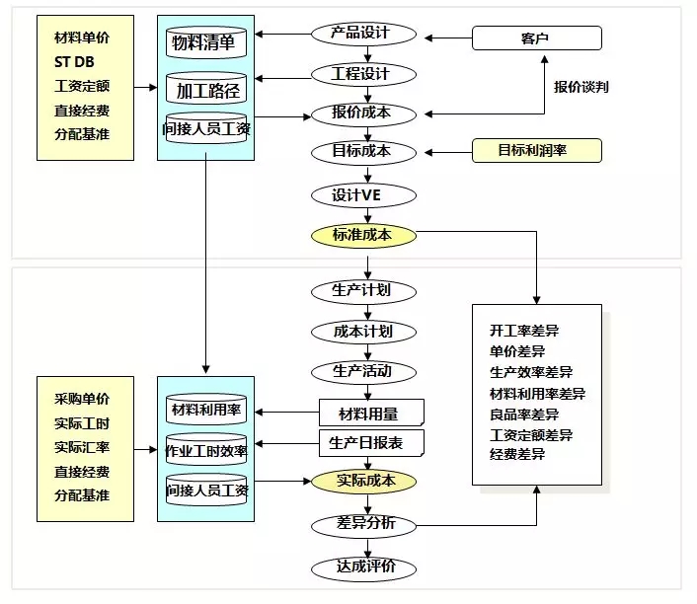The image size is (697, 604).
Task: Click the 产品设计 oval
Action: tap(363, 34)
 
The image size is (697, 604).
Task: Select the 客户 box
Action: tap(536, 38)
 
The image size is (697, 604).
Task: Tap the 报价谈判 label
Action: tap(581, 88)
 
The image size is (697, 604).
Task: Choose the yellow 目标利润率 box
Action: tap(536, 151)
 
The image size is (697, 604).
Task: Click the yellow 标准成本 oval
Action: tap(363, 236)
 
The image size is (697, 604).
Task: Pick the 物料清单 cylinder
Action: tap(205, 43)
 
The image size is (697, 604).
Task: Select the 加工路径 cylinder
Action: tap(205, 91)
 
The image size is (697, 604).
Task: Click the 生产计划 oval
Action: tap(363, 291)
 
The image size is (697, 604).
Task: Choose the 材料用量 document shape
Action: tap(371, 411)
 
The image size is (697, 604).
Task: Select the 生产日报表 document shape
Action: tap(371, 443)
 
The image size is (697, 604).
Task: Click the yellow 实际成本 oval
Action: tap(364, 482)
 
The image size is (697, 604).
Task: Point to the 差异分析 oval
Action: tap(363, 525)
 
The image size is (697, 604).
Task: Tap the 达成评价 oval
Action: tap(363, 568)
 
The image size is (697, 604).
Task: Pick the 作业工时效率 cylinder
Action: tap(205, 452)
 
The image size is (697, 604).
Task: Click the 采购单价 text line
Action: tap(83, 399)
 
